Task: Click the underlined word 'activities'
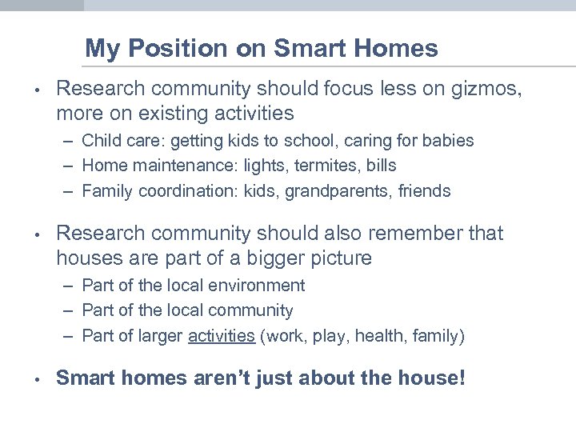tap(221, 336)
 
